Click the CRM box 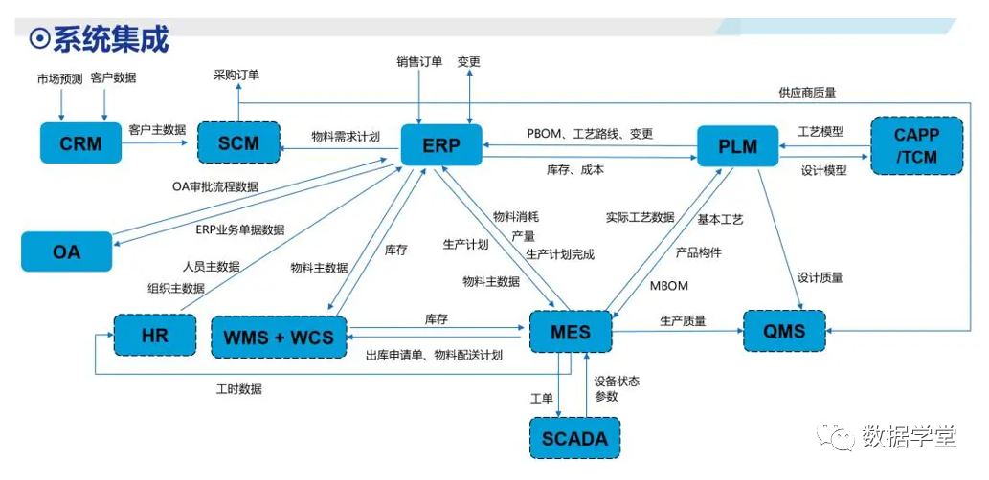(80, 144)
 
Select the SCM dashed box (238, 144)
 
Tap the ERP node (440, 145)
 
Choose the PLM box (737, 146)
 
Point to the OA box (66, 252)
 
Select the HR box (153, 336)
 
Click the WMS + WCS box (279, 337)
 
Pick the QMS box (785, 332)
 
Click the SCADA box (574, 439)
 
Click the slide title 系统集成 (109, 39)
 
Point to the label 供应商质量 (807, 93)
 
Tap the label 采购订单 (236, 74)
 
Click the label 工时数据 (238, 389)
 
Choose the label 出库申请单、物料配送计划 (434, 356)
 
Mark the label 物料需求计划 (346, 137)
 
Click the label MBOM (668, 286)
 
